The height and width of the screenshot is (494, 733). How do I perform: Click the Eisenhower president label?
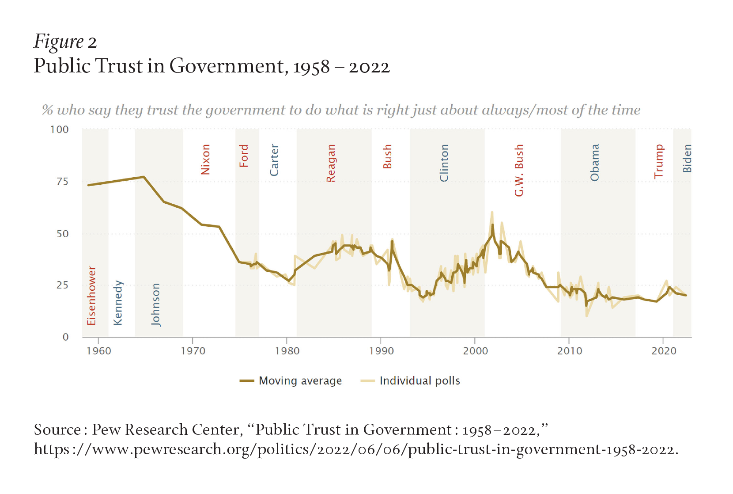(x=91, y=295)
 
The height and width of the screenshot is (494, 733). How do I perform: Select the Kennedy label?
(x=118, y=303)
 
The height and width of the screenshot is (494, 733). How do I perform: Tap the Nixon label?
(x=205, y=159)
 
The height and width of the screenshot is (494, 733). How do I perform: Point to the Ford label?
(x=244, y=156)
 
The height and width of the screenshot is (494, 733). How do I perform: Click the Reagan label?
(x=331, y=163)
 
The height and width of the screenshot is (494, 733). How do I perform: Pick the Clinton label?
(x=444, y=163)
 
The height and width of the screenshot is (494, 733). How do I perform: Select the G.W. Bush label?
(x=519, y=170)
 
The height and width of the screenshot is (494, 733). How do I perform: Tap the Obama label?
(x=595, y=162)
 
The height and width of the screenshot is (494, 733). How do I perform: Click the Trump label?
(x=659, y=161)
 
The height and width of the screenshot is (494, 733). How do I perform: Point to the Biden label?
(x=687, y=158)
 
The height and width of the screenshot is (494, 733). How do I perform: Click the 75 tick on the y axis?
(x=62, y=182)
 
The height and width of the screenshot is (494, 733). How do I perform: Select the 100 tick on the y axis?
(x=60, y=129)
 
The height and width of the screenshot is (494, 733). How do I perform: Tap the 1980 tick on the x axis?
(x=287, y=351)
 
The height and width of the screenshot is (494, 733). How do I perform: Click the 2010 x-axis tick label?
(x=569, y=351)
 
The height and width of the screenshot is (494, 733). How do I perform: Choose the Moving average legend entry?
(x=291, y=380)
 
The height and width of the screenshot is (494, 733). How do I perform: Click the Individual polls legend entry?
(x=411, y=380)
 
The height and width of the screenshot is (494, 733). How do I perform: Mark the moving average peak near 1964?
(x=144, y=177)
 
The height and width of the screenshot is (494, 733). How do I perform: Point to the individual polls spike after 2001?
(x=492, y=213)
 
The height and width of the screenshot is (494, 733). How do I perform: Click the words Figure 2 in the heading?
(x=65, y=42)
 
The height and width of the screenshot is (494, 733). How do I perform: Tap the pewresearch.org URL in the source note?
(x=356, y=449)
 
